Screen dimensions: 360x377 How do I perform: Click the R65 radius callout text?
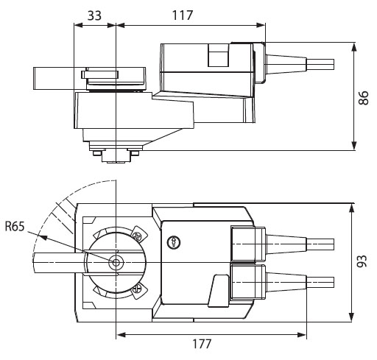coord(15,228)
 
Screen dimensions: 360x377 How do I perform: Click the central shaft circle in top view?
coord(116,261)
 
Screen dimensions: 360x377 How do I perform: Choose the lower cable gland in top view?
coord(246,281)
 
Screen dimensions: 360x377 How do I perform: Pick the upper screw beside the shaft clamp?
coord(138,236)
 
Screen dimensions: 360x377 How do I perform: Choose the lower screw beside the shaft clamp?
coord(138,288)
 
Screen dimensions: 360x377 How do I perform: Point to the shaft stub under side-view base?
coord(116,156)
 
